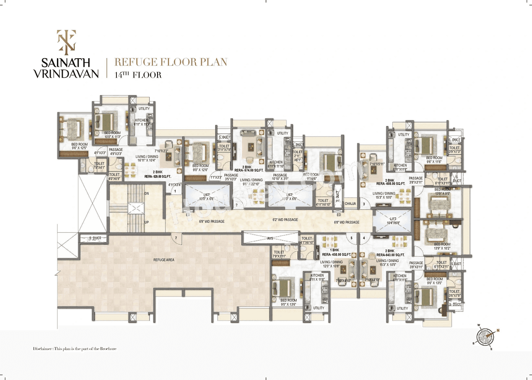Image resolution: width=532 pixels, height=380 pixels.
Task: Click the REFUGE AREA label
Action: (x=164, y=259)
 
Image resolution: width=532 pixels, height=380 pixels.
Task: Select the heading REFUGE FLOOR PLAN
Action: (x=171, y=62)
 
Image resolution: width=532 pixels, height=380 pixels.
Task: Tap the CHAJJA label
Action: (x=350, y=204)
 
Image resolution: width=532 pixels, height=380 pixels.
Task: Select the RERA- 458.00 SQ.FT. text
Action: (x=337, y=254)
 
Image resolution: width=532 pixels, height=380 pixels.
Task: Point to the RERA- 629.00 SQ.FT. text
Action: (x=158, y=176)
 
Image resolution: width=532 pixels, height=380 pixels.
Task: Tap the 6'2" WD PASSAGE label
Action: (x=285, y=220)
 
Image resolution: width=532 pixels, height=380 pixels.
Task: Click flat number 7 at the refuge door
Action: (x=176, y=238)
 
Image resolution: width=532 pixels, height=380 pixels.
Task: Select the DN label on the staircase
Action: (x=147, y=194)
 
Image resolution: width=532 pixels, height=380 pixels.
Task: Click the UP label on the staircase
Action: (x=147, y=222)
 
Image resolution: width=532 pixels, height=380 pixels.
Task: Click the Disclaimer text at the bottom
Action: (x=75, y=348)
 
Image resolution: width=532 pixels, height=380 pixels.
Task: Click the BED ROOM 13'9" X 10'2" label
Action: (x=442, y=247)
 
